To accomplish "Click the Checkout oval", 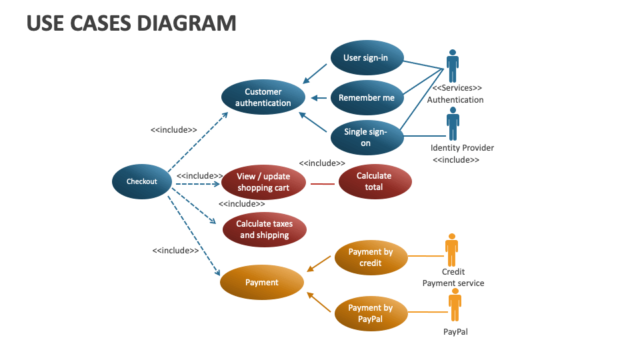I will [142, 181].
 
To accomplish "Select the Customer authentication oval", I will [263, 97].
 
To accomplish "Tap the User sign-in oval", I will [366, 58].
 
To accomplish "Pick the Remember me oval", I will [367, 98].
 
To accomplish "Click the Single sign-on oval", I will [367, 137].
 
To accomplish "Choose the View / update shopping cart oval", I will [263, 182].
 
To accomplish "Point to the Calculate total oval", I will [374, 182].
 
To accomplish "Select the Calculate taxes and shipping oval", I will [265, 229].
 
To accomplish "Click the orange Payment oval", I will [262, 283].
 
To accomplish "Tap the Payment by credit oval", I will [371, 257].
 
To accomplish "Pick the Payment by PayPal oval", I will [371, 313].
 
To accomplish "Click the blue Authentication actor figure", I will [453, 65].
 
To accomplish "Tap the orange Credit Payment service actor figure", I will [452, 249].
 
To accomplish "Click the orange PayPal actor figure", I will [455, 305].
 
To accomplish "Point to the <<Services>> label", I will [457, 88].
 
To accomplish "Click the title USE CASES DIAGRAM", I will [131, 23].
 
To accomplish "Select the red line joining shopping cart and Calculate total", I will [323, 183].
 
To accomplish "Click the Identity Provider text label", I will [462, 148].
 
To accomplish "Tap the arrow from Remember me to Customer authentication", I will [320, 98].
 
